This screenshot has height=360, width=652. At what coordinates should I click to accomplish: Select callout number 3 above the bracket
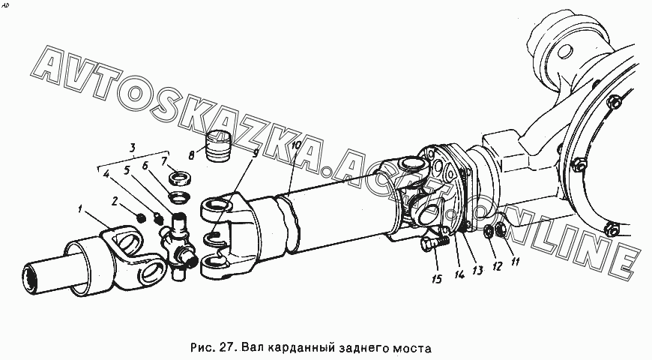(132, 148)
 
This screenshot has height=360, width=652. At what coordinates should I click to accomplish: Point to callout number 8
(191, 156)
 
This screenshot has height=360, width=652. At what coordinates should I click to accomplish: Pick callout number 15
(437, 278)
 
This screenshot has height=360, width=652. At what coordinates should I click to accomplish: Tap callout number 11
(515, 262)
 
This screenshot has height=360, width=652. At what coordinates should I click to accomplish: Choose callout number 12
(498, 266)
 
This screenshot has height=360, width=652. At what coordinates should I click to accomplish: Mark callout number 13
(477, 271)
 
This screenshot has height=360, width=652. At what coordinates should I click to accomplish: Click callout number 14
(459, 274)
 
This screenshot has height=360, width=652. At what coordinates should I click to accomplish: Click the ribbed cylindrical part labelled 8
(219, 145)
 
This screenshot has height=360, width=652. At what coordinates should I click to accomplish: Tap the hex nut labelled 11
(502, 229)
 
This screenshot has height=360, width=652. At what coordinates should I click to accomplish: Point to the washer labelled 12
(489, 232)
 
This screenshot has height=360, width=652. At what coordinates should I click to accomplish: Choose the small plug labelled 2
(141, 217)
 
